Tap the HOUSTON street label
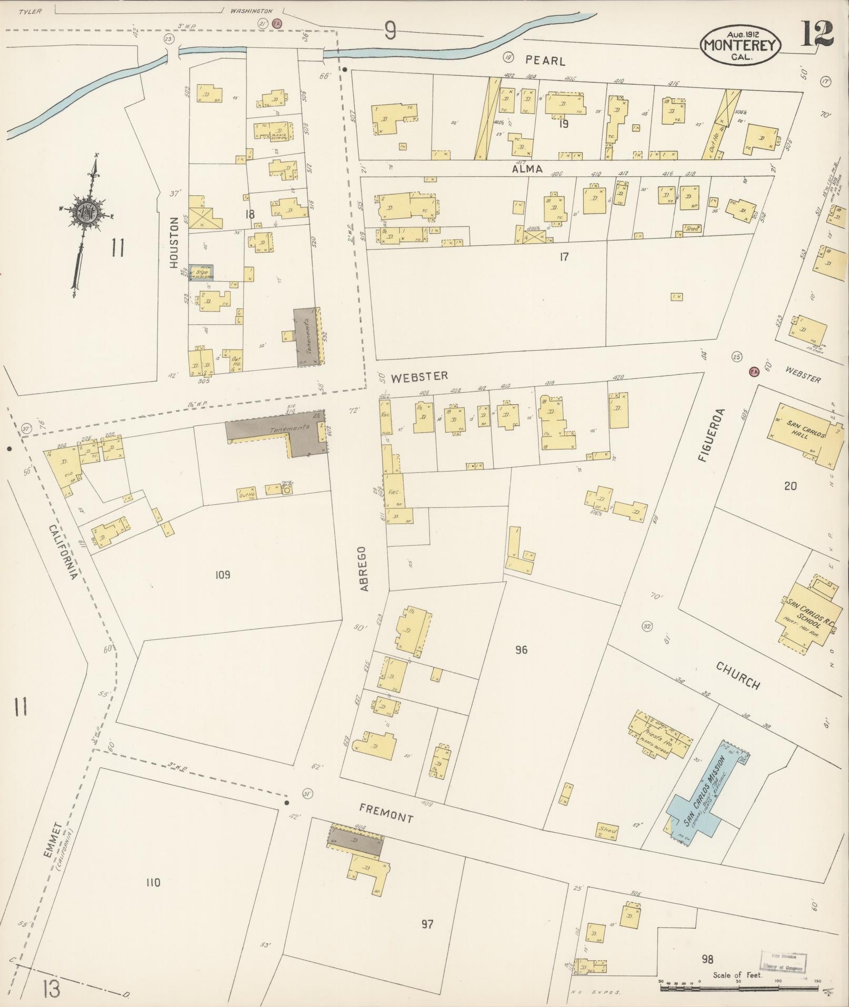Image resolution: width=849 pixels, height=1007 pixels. [x=175, y=244]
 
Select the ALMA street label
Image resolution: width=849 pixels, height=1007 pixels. [x=527, y=168]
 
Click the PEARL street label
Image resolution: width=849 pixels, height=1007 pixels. [x=545, y=61]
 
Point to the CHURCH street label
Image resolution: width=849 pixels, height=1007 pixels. [x=738, y=675]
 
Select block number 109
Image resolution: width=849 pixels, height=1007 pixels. [x=223, y=574]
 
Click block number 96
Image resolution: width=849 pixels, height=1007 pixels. [x=521, y=650]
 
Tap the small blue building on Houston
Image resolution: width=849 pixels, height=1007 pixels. [x=201, y=272]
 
